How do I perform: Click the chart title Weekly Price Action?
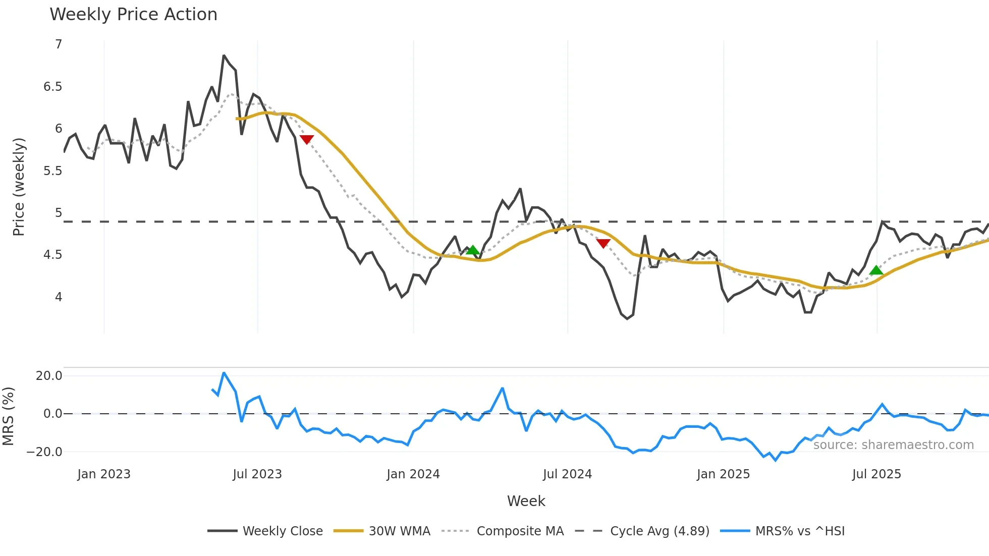pyautogui.click(x=133, y=15)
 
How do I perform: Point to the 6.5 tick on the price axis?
pyautogui.click(x=52, y=87)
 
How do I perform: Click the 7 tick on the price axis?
pyautogui.click(x=59, y=44)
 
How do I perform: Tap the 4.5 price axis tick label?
pyautogui.click(x=52, y=255)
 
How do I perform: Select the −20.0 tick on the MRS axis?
pyautogui.click(x=44, y=452)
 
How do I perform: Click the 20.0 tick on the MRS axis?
pyautogui.click(x=49, y=376)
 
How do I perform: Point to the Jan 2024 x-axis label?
pyautogui.click(x=413, y=474)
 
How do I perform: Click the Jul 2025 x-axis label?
pyautogui.click(x=876, y=474)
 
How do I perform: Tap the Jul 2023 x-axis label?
pyautogui.click(x=257, y=474)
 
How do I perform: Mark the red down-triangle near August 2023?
pyautogui.click(x=307, y=139)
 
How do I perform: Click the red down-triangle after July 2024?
pyautogui.click(x=603, y=243)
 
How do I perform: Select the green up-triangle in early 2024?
pyautogui.click(x=472, y=250)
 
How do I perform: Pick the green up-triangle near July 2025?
pyautogui.click(x=876, y=270)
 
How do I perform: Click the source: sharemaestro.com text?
pyautogui.click(x=893, y=445)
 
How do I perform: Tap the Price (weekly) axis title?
pyautogui.click(x=19, y=187)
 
